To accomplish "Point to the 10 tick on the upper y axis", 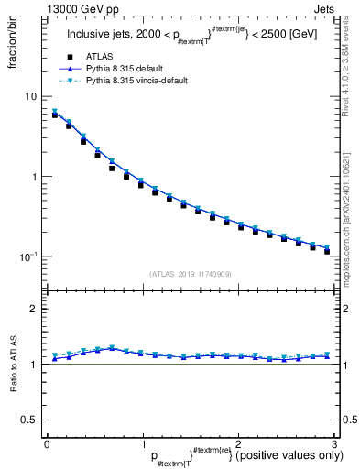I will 31,96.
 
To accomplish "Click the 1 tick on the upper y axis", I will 34,176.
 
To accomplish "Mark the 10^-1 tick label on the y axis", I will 28,256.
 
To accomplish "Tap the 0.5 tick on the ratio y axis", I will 29,420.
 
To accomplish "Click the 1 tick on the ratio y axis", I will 34,365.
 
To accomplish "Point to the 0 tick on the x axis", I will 47,443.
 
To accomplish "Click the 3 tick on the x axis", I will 333,443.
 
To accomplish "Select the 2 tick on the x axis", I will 238,443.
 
